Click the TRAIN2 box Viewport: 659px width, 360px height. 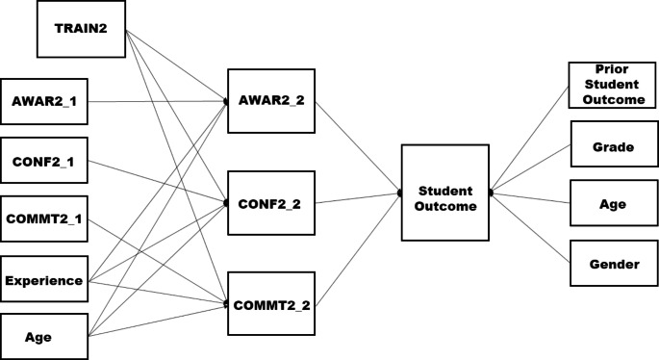81,30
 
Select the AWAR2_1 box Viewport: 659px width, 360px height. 44,101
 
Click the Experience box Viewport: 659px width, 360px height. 44,281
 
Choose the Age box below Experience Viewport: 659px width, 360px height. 44,338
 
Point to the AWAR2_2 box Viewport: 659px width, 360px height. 270,100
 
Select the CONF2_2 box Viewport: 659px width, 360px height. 270,204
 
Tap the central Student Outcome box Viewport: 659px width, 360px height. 444,193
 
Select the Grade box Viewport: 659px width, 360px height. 613,147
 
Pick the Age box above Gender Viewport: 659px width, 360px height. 613,204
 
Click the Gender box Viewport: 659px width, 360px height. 613,263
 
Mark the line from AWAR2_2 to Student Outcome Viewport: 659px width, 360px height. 358,145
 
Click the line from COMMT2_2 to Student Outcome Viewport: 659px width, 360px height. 358,247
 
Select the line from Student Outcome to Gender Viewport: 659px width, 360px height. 529,227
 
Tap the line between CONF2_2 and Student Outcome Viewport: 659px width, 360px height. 358,199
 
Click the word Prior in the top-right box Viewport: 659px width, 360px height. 612,69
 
